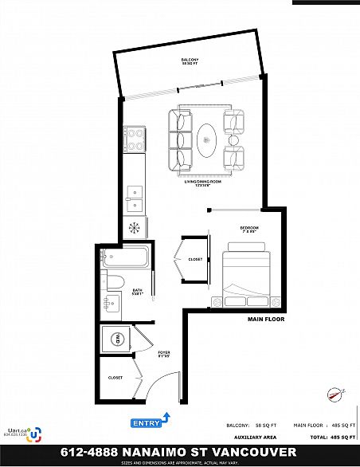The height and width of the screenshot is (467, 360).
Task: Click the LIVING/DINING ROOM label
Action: (x=202, y=184)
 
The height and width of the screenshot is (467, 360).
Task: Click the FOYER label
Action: (x=164, y=354)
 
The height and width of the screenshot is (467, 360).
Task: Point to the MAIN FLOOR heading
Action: (x=267, y=319)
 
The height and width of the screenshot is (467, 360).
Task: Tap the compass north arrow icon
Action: (x=333, y=391)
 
